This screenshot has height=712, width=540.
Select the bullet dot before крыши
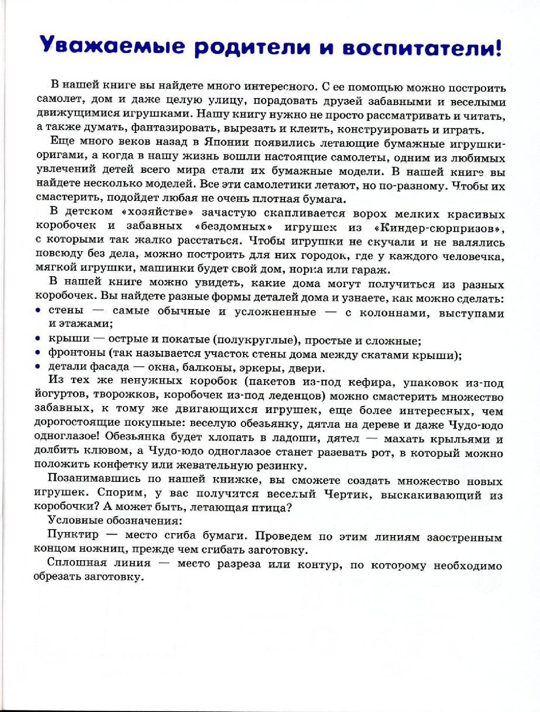pyautogui.click(x=37, y=339)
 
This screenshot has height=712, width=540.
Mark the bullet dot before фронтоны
pyautogui.click(x=37, y=353)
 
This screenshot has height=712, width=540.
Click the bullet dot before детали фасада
pyautogui.click(x=37, y=367)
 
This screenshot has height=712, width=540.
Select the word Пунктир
pyautogui.click(x=73, y=534)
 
